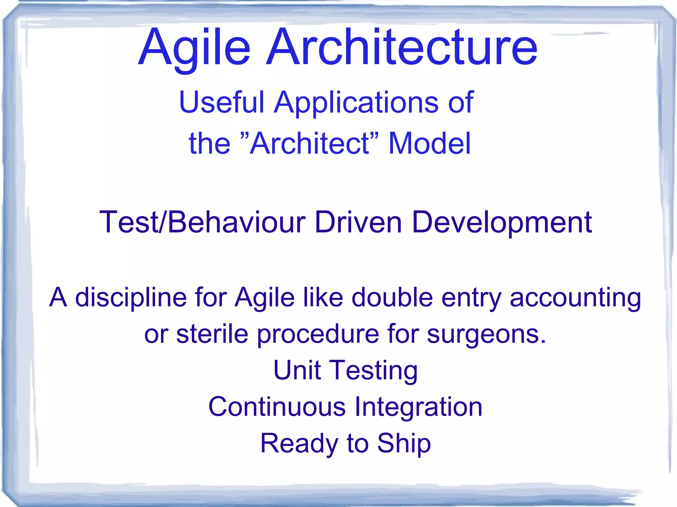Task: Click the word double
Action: coord(392,297)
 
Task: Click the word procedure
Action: coord(318,334)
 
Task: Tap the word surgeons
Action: coord(486,334)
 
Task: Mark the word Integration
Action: coord(418,407)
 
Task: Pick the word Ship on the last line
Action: coord(404,443)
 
